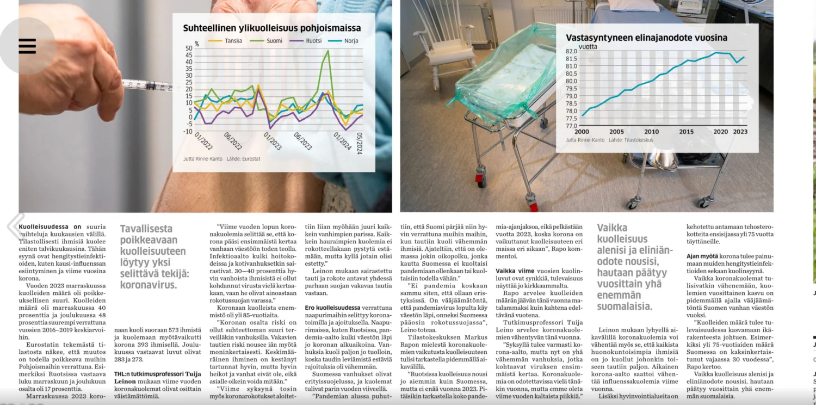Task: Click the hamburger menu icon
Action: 27,46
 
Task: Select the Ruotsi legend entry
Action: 309,41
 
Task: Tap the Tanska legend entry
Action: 229,41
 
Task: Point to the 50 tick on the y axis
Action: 189,48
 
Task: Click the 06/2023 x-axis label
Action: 303,141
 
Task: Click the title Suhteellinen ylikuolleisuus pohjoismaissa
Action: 271,28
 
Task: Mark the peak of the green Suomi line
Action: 327,51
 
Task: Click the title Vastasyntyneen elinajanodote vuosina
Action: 646,38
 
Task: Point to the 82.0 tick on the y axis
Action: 571,51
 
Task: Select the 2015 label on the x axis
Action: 686,132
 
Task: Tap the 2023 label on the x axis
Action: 740,132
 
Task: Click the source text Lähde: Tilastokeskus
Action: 631,140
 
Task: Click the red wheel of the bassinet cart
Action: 479,179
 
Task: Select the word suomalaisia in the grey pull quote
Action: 623,306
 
